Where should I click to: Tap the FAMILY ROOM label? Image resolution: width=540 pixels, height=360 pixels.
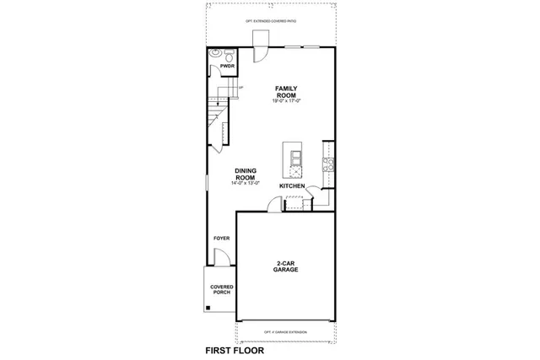point(287,92)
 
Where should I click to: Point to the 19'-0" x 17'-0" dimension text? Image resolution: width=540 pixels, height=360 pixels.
point(287,102)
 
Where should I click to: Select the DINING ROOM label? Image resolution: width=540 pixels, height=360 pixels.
point(245,175)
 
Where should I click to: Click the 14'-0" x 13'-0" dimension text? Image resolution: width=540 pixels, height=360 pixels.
point(245,184)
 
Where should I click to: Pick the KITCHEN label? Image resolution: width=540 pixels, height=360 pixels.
point(292,185)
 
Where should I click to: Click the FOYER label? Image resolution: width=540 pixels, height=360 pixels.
point(221,239)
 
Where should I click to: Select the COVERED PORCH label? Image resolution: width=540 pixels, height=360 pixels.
point(221,290)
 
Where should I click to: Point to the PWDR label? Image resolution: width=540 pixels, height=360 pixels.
point(227,65)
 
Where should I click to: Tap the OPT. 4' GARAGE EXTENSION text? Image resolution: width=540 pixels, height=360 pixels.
point(284,331)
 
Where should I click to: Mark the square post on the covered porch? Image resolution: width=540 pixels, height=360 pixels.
point(208,309)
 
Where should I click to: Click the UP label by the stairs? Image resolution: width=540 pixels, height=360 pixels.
point(241,88)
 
